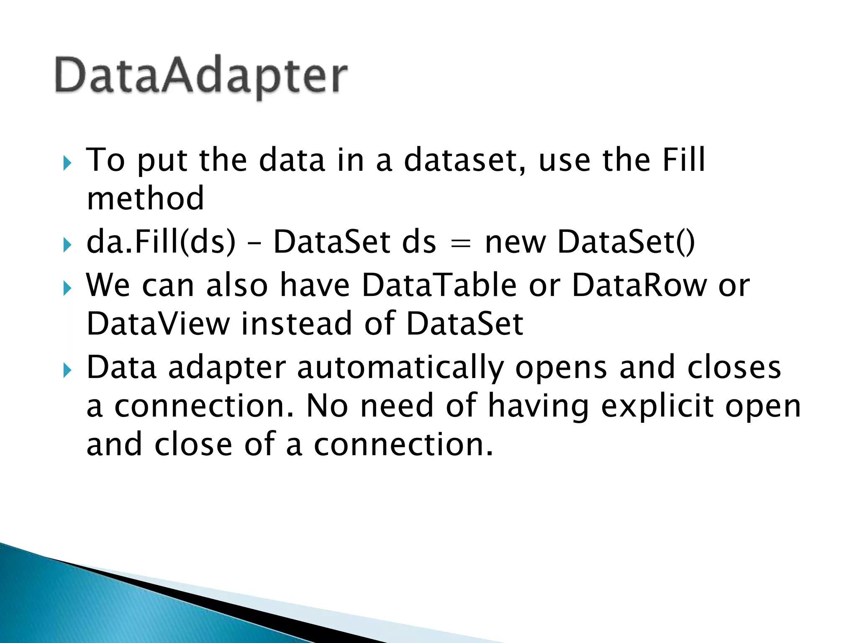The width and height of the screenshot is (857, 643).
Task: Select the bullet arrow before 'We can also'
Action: click(x=67, y=288)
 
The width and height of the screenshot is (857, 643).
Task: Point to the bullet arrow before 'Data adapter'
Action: click(x=67, y=370)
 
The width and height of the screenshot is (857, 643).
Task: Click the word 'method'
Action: click(x=145, y=198)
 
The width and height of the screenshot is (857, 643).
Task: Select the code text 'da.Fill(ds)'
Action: click(x=161, y=242)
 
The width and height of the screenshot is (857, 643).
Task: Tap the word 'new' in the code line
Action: click(x=515, y=243)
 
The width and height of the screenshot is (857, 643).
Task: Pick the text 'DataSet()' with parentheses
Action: click(x=626, y=242)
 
